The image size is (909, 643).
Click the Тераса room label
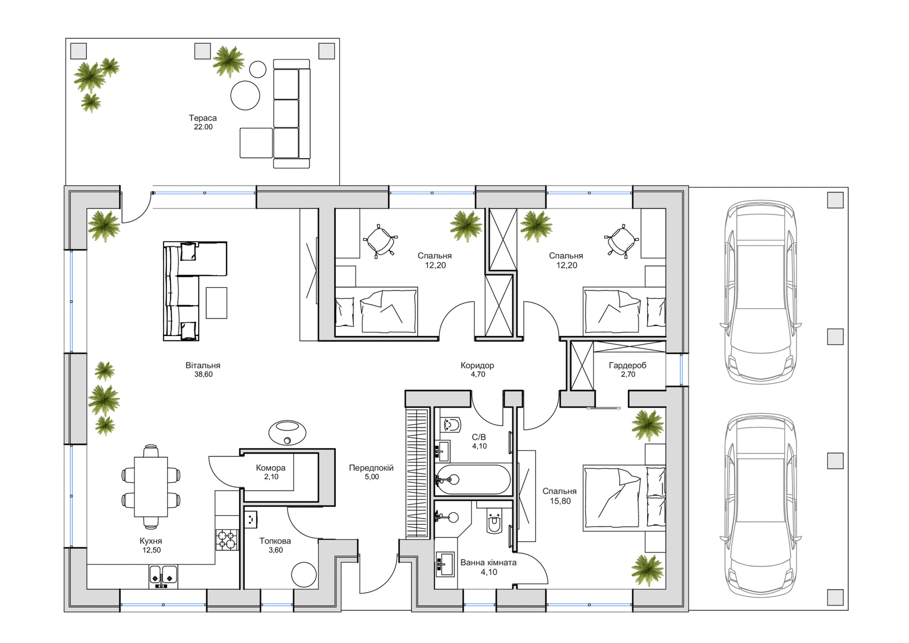click(202, 118)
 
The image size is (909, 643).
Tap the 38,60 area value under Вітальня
click(203, 375)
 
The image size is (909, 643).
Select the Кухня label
click(151, 541)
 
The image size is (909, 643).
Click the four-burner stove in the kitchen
click(227, 540)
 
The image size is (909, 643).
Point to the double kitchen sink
click(163, 576)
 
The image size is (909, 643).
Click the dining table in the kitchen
click(151, 487)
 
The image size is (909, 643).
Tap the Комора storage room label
click(270, 468)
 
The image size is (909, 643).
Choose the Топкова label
click(275, 541)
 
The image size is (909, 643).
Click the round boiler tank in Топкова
click(303, 574)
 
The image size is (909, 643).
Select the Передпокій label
click(372, 468)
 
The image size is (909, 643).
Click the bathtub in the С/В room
click(473, 480)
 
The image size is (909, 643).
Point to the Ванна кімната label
click(489, 563)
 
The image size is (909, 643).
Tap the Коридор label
click(477, 365)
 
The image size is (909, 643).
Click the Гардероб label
click(628, 365)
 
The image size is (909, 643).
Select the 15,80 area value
click(560, 501)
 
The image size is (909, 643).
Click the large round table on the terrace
click(245, 96)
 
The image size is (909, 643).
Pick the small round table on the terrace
click(257, 69)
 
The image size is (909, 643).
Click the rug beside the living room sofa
click(216, 302)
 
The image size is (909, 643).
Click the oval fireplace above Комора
click(287, 432)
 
